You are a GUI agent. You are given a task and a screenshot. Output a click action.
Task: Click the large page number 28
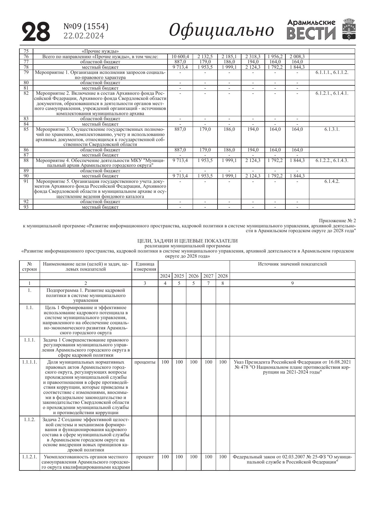coord(36,32)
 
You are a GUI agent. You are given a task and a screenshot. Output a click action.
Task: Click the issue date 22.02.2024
coord(84,36)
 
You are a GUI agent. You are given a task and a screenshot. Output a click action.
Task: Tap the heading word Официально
coord(221,30)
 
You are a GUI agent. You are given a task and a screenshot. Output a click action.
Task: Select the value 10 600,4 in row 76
coord(180,57)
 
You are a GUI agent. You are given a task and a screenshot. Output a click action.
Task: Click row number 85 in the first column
coord(26,129)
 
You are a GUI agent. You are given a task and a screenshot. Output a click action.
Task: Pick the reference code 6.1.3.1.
coord(332,129)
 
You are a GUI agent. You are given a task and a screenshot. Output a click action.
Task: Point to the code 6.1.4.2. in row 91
coord(332,181)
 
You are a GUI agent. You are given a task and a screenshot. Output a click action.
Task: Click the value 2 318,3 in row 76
coord(253,57)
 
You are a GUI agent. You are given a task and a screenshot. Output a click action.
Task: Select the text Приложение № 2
coord(337,221)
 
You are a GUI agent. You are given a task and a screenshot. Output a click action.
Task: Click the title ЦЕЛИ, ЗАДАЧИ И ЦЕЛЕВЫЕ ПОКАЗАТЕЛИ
coord(188,241)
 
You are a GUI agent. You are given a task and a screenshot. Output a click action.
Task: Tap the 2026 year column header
coord(194,276)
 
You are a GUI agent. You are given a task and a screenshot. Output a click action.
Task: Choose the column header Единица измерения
coord(145,267)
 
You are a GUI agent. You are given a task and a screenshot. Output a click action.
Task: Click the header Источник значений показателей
coord(292,264)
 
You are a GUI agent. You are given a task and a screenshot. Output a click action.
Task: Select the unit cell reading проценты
coord(145,362)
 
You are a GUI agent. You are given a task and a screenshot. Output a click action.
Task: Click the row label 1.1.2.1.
coord(29,457)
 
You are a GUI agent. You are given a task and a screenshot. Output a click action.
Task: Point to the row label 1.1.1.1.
coord(29,362)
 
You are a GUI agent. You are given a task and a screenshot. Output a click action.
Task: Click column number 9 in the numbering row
coord(292,284)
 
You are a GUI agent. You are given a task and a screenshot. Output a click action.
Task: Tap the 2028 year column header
coord(223,276)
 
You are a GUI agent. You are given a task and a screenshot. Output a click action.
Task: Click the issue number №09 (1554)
coord(86,27)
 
